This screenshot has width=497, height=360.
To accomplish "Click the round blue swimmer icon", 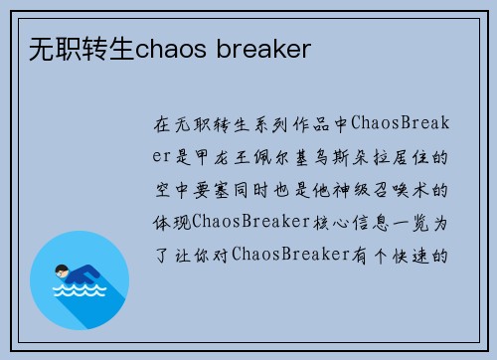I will [81, 279].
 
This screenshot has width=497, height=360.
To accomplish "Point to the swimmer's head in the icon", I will [63, 269].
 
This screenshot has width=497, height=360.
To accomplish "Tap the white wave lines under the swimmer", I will [80, 293].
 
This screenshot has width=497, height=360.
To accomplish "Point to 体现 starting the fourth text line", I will [172, 221].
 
